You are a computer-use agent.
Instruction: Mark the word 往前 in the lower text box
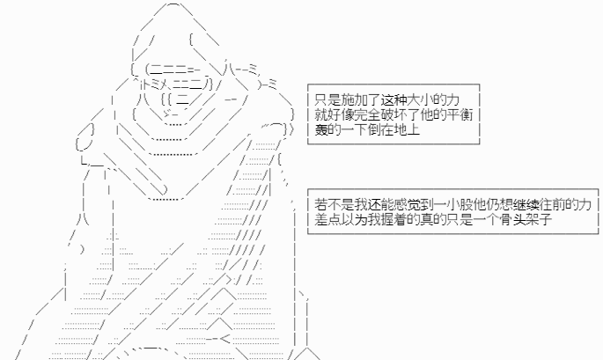[552, 204]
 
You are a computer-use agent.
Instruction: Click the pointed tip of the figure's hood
[173, 4]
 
